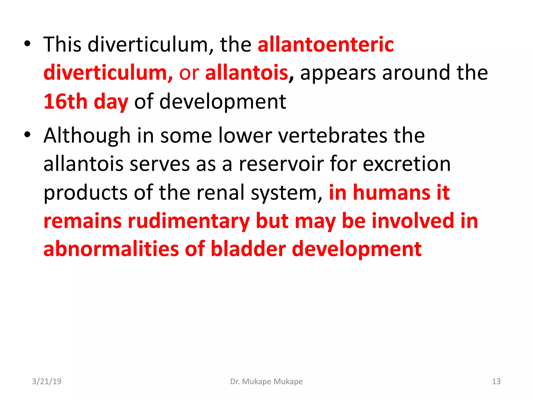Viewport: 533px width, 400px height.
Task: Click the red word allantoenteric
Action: coord(326,45)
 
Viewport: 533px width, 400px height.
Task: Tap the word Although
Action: coord(87,136)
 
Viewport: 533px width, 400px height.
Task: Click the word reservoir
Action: coord(281,164)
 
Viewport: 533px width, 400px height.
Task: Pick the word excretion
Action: coord(407,164)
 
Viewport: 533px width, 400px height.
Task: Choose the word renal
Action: coord(220,193)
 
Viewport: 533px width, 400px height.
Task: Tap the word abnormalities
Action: coord(111,249)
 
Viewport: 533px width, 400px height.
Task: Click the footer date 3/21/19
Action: coord(47,382)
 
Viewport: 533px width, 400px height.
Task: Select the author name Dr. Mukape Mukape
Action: coord(266,382)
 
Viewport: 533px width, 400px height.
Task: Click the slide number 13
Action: coord(496,382)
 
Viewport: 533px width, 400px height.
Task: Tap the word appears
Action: coord(338,73)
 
